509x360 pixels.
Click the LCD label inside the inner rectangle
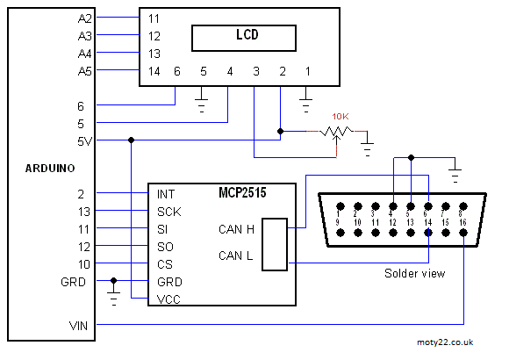coord(247,34)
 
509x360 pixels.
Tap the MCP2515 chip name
coord(242,192)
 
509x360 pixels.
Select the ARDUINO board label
coord(50,169)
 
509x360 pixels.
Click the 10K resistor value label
coord(341,116)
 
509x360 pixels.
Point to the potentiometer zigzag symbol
coord(337,131)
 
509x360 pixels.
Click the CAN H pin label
coord(236,229)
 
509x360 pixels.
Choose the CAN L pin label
coord(236,256)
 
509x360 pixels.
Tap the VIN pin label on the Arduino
coord(79,326)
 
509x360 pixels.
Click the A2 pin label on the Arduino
coord(85,18)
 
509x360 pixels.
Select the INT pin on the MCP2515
coord(166,194)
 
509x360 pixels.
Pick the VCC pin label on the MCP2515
coord(168,299)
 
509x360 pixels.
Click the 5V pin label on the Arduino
coord(85,141)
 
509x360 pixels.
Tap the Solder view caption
coord(414,273)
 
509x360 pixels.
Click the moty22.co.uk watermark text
coord(445,342)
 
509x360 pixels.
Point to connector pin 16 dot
coord(463,233)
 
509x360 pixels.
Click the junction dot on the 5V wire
coord(131,140)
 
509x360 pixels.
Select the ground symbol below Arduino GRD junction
coord(113,299)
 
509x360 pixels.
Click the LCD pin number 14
coord(154,71)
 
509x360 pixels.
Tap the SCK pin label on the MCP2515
coord(169,212)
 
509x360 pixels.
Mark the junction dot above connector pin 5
coord(411,157)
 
